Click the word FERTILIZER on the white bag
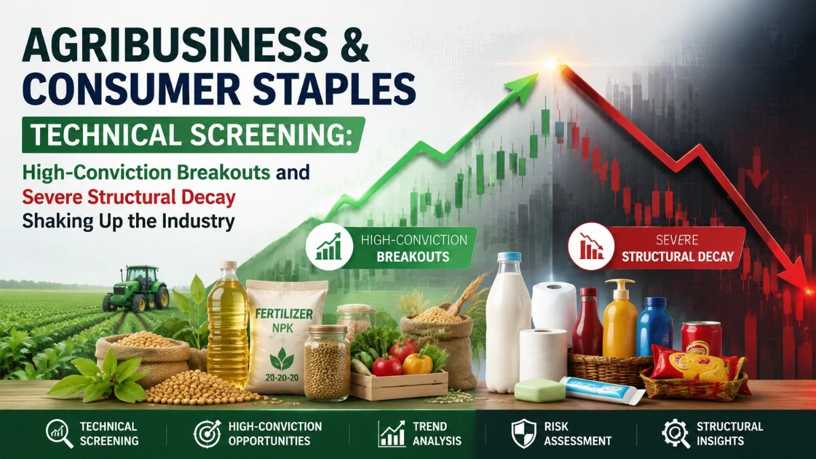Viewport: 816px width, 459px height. click(x=284, y=313)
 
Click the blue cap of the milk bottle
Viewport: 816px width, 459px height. click(x=509, y=258)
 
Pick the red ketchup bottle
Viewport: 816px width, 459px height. click(x=587, y=322)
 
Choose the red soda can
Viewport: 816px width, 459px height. click(x=701, y=338)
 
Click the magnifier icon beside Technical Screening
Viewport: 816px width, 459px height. click(x=59, y=434)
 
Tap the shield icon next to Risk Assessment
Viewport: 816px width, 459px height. click(x=524, y=434)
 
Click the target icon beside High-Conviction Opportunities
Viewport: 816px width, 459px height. click(x=207, y=434)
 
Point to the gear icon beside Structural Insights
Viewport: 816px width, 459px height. click(x=676, y=434)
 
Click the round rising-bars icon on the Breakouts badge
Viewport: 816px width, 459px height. click(x=329, y=247)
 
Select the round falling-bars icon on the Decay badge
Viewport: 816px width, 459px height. click(x=592, y=247)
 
